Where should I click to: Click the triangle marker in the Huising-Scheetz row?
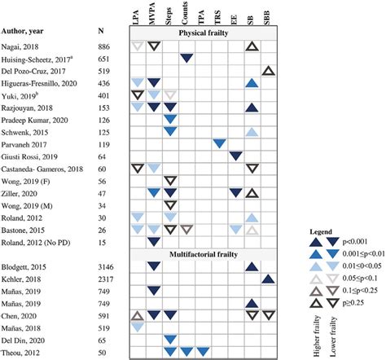coord(186,58)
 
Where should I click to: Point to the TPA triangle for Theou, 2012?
coord(203,351)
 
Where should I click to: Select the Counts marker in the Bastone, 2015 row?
coord(186,229)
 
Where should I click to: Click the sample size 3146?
coord(105,266)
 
